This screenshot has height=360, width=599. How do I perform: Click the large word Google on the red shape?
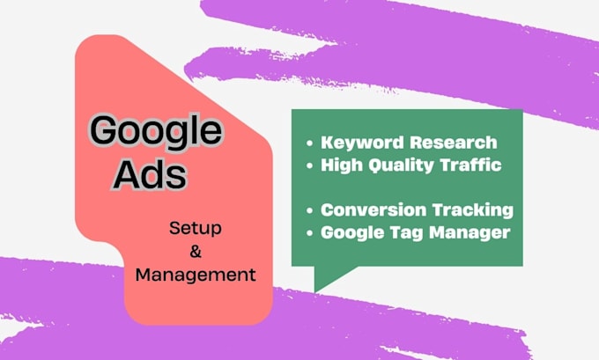pos(155,132)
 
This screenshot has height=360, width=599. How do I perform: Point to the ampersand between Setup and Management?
pos(196,253)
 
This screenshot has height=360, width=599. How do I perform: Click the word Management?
pos(196,276)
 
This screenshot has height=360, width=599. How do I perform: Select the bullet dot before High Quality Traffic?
pos(309,164)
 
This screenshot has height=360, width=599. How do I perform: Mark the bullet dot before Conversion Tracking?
pos(309,211)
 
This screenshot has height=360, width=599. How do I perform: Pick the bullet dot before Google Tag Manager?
pos(309,233)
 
